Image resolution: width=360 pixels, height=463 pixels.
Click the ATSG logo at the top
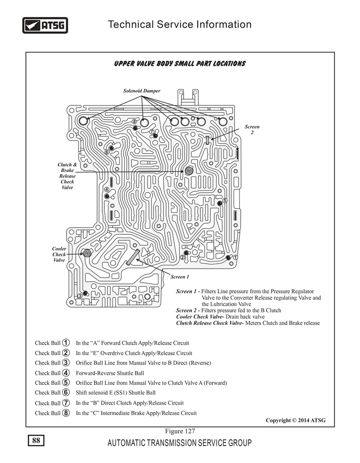tap(45, 25)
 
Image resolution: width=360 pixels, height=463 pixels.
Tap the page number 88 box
tap(36, 441)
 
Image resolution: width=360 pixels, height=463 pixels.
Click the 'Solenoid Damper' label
tap(142, 91)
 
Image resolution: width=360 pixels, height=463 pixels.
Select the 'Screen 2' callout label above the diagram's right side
tap(252, 129)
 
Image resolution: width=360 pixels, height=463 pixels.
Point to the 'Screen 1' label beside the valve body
tap(180, 277)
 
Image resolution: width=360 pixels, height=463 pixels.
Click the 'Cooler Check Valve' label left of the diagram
tap(59, 254)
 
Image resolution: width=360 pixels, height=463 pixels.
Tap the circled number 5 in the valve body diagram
tap(225, 201)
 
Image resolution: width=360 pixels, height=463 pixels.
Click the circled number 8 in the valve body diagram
tap(135, 121)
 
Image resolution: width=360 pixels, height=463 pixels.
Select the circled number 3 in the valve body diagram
tap(80, 296)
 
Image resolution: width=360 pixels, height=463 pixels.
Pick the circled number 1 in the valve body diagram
tap(235, 257)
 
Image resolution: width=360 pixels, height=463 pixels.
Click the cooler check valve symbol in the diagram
tap(87, 253)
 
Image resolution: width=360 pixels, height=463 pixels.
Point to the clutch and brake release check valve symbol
tap(189, 171)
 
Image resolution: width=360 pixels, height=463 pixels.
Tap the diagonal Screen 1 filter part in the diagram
tap(133, 257)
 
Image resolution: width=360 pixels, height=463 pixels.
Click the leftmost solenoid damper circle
tap(83, 121)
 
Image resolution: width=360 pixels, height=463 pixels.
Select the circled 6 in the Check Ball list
tap(66, 392)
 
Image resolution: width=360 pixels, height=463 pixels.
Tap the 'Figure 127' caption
tap(180, 431)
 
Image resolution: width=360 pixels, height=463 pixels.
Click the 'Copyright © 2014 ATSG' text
tap(296, 420)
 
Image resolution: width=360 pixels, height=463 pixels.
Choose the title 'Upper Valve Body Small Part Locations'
tap(180, 64)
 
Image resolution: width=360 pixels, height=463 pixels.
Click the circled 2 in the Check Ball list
tap(66, 353)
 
